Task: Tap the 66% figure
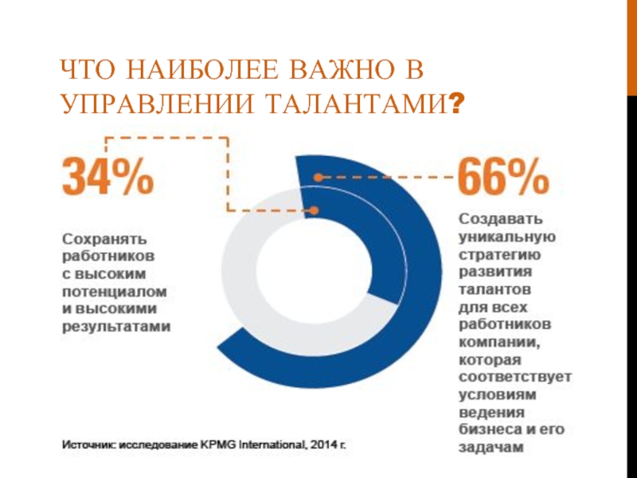tap(503, 177)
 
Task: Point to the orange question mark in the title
tap(456, 104)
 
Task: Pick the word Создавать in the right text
tap(501, 219)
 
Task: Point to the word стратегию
tap(501, 255)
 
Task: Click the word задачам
tap(490, 448)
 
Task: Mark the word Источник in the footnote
tap(89, 443)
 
